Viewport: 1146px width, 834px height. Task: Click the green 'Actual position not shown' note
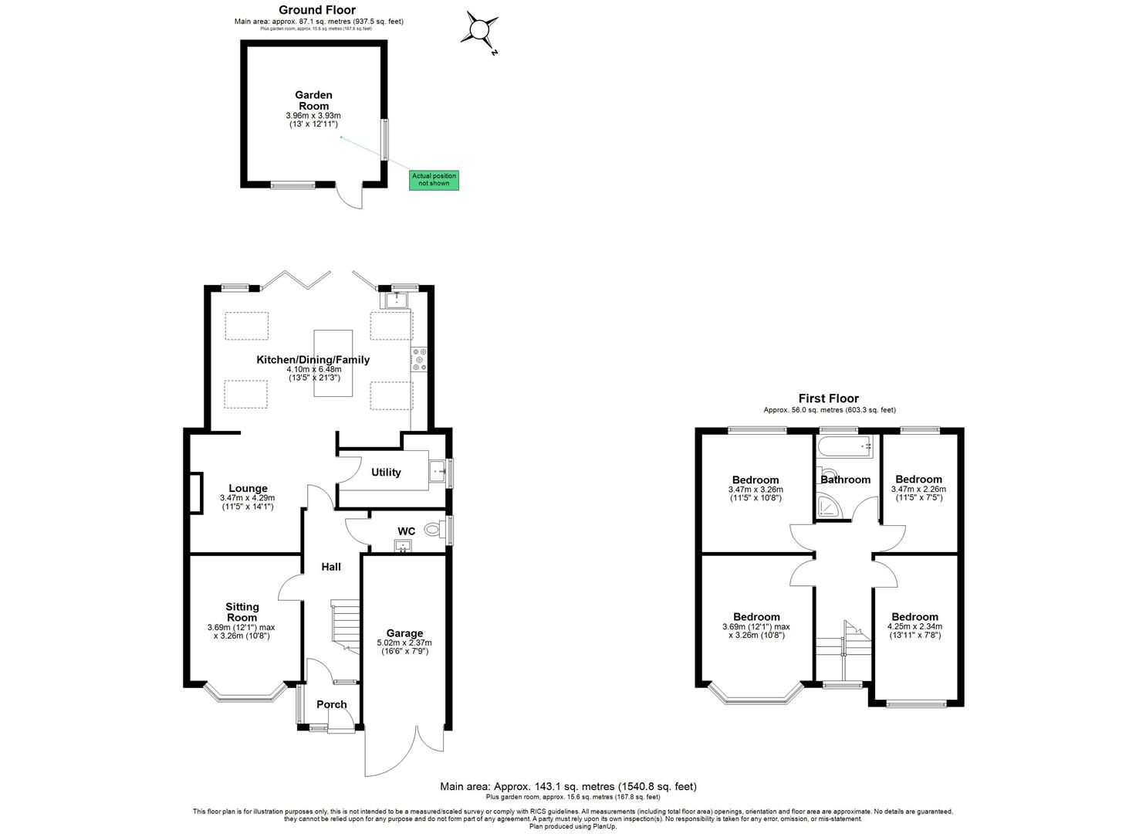(x=434, y=180)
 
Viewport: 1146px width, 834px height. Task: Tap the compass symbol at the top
(x=478, y=31)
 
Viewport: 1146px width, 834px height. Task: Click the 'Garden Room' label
(x=313, y=100)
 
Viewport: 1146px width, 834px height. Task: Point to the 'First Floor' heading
(x=828, y=398)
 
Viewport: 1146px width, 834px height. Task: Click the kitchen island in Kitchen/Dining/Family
(x=333, y=364)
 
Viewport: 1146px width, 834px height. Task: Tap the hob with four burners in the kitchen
(x=420, y=360)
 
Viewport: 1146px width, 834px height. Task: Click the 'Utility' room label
(x=386, y=473)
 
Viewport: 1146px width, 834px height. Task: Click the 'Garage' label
(x=404, y=633)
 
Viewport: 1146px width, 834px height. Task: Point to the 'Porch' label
(x=332, y=704)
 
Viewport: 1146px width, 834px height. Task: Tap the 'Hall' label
(x=331, y=567)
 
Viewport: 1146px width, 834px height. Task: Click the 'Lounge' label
(x=248, y=488)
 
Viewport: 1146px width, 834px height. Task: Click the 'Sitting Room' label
(x=242, y=612)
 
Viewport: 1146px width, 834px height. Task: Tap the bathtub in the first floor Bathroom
(x=847, y=446)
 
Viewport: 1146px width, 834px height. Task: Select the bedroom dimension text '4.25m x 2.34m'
(x=916, y=627)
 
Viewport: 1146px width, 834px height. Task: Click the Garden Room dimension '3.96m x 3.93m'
(x=313, y=116)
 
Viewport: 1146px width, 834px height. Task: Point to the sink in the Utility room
(x=439, y=470)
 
